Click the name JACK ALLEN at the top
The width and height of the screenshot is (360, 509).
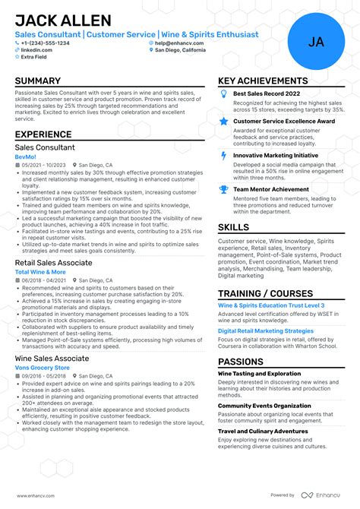(x=63, y=20)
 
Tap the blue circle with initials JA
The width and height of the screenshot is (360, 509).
(x=315, y=42)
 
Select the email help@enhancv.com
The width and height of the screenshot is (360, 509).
(x=178, y=43)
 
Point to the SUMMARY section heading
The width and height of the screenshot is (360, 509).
(x=38, y=81)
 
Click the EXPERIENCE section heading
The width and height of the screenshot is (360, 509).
(x=43, y=134)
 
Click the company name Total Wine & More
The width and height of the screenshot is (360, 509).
(x=40, y=271)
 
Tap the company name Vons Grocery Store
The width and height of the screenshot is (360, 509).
(x=43, y=367)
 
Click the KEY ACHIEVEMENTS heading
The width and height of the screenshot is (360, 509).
(x=263, y=81)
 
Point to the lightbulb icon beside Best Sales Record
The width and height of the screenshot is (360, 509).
(x=223, y=93)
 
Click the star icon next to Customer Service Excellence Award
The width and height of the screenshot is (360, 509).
(x=223, y=121)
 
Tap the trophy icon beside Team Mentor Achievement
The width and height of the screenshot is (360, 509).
(x=223, y=189)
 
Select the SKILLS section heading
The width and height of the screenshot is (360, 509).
(x=233, y=227)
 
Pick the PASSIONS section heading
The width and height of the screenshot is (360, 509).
(x=242, y=362)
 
